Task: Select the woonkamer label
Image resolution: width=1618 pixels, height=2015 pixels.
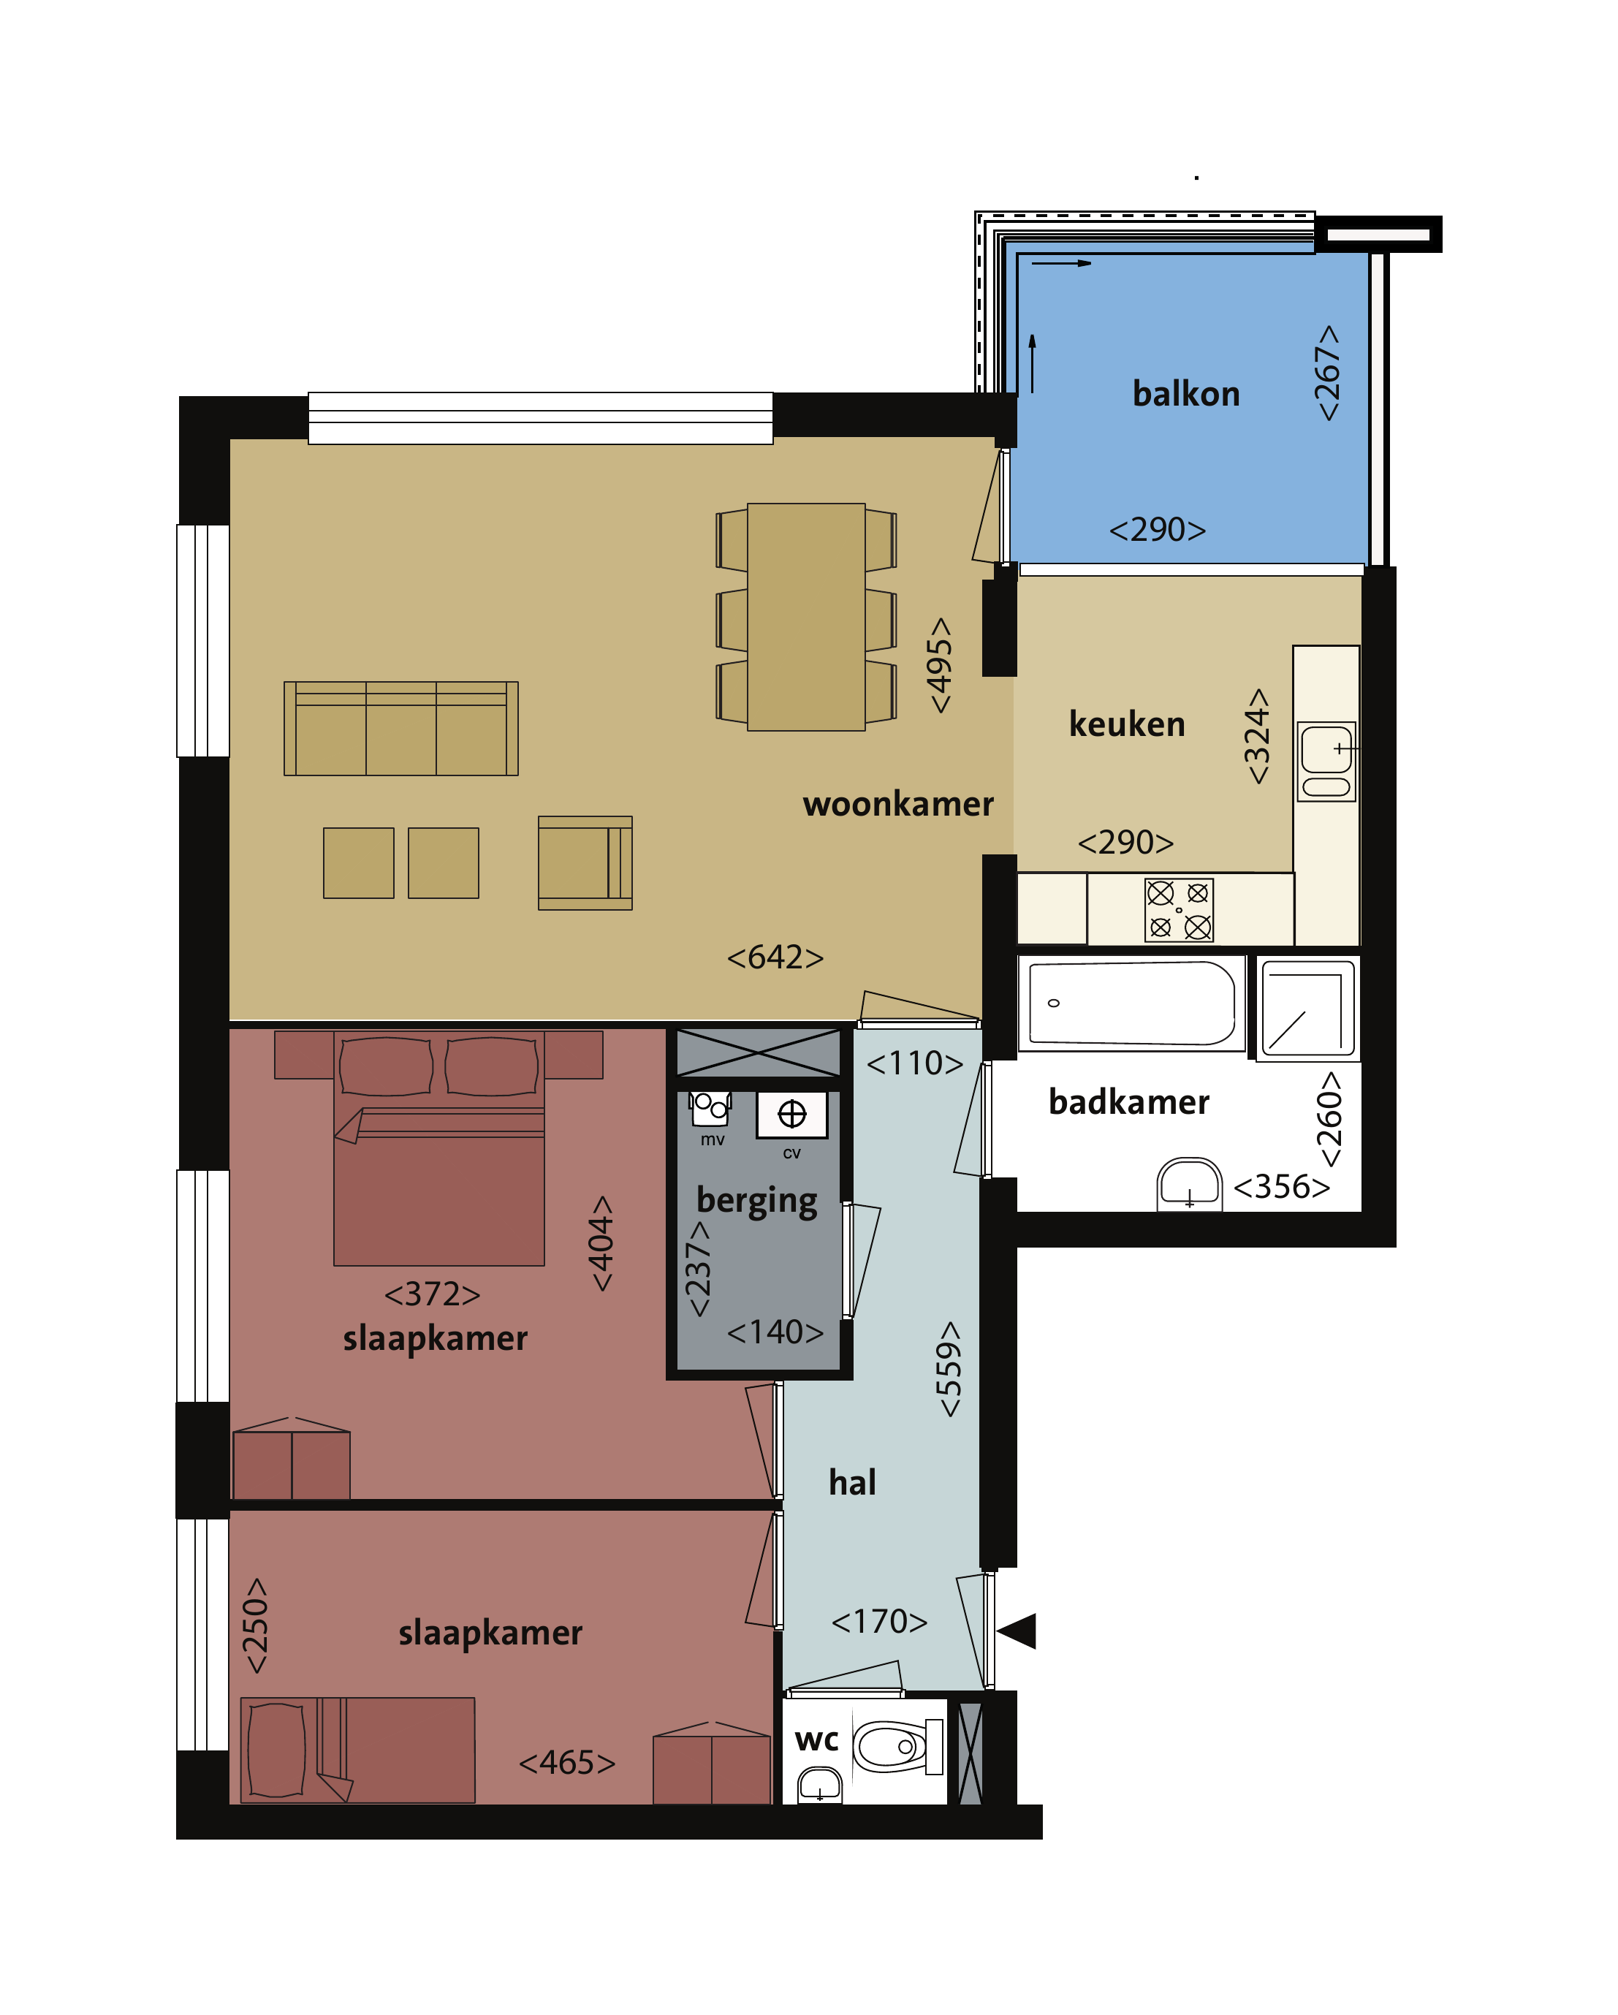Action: [x=897, y=804]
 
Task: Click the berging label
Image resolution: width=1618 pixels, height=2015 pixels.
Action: [x=756, y=1201]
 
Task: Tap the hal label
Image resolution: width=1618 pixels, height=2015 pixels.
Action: [x=851, y=1482]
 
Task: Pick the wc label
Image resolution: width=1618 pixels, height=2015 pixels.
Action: [x=816, y=1740]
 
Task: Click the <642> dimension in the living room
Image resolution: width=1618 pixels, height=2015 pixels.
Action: [x=775, y=957]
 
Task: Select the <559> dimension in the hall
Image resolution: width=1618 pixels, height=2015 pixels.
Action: [x=948, y=1369]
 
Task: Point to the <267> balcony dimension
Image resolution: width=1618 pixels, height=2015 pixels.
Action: [x=1326, y=373]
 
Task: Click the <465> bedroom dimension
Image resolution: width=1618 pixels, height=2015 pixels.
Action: [x=566, y=1763]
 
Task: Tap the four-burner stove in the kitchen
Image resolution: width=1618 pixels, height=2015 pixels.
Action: [x=1179, y=909]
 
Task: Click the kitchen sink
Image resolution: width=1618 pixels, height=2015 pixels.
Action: [x=1326, y=762]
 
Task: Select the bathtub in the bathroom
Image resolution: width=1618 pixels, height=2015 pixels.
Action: [x=1131, y=1003]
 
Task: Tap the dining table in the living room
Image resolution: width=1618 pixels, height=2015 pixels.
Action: [x=806, y=617]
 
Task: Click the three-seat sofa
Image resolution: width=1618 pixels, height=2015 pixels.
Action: [x=401, y=728]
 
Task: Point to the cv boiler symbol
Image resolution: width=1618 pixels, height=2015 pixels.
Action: [x=791, y=1114]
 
